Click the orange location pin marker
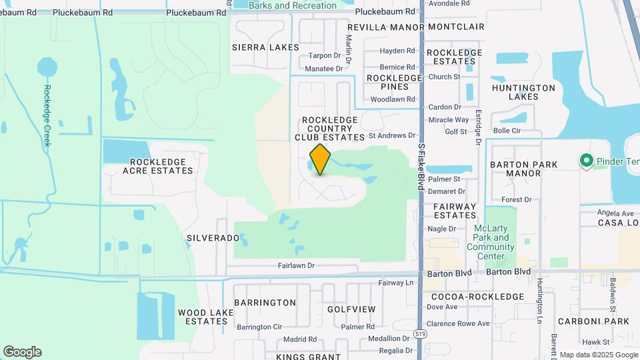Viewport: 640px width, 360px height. (x=321, y=159)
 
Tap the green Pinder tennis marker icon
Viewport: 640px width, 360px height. (x=586, y=161)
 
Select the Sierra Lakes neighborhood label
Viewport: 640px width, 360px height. (x=261, y=47)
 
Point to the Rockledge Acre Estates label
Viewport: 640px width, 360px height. (x=161, y=166)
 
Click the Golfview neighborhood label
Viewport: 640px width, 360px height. (x=351, y=309)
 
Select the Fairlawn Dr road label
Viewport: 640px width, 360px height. (x=296, y=265)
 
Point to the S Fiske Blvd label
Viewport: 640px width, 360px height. (x=421, y=159)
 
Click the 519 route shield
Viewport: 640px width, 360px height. (x=420, y=333)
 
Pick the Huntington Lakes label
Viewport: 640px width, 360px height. (x=523, y=92)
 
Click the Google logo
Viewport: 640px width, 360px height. (x=22, y=352)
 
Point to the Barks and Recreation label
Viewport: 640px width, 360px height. (x=293, y=5)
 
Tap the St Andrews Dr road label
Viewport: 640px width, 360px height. (x=391, y=135)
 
